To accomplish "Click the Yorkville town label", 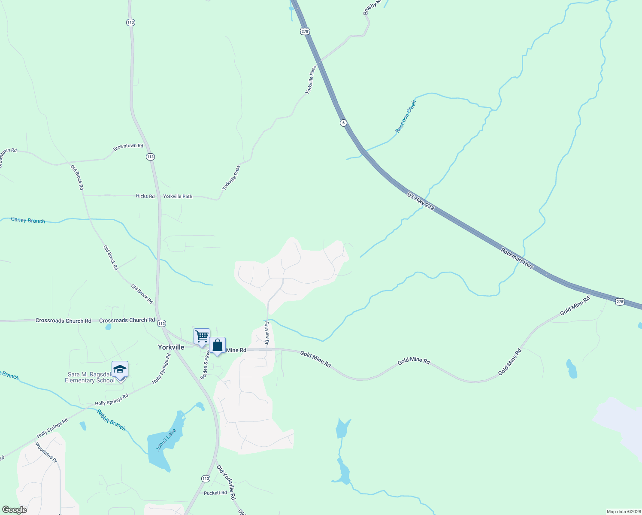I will click(171, 347).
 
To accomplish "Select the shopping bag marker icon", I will click(218, 345).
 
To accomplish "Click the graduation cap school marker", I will click(120, 370).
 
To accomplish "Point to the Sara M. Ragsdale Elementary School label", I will click(90, 378).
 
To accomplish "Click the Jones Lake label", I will click(166, 440).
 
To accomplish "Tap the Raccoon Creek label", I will click(406, 116).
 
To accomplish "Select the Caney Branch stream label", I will click(28, 220).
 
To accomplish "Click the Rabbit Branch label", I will click(111, 420).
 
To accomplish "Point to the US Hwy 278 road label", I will click(421, 202).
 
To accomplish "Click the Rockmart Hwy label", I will click(517, 258).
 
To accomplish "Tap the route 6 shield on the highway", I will click(343, 123).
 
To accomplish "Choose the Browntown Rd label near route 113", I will click(128, 146).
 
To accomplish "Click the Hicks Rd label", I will click(145, 196).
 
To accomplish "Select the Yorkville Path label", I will click(178, 197).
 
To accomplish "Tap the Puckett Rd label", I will click(215, 493).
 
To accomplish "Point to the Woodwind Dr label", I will click(46, 452).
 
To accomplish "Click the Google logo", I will click(15, 510).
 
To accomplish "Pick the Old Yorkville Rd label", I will click(226, 482).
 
